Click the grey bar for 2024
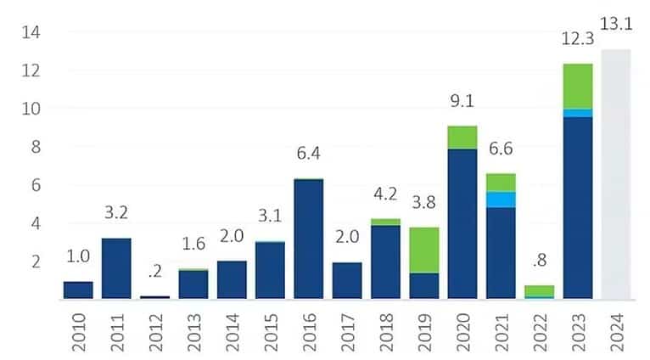click(615, 174)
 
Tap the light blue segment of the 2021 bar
click(501, 200)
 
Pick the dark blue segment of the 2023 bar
click(578, 207)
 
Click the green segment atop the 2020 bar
click(462, 137)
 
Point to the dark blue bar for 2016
click(309, 239)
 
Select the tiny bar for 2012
click(154, 296)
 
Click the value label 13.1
click(615, 24)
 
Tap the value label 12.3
click(577, 40)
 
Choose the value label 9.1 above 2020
click(462, 102)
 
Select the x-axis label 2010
click(79, 330)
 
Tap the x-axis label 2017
click(348, 330)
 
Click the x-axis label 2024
click(617, 330)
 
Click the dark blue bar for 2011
click(116, 268)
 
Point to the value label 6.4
click(309, 154)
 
